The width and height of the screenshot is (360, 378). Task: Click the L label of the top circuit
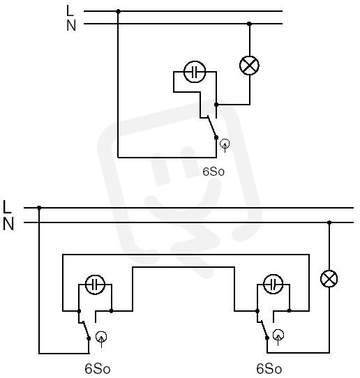coord(70,10)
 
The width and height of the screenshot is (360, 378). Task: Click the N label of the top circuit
coord(71,25)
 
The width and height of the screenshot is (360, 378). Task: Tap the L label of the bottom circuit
coord(7,207)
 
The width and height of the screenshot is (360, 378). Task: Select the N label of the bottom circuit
coord(8,224)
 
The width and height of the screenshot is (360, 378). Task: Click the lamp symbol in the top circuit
coord(249,66)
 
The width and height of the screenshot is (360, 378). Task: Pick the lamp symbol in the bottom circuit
coord(329,279)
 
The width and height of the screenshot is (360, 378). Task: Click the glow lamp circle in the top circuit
coord(195,72)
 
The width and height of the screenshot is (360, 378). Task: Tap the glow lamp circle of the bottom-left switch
coord(96,285)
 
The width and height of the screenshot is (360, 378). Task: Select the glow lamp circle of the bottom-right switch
coord(273,284)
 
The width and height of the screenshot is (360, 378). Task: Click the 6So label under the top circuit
coord(213,172)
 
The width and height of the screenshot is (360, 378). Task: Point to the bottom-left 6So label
coord(98,369)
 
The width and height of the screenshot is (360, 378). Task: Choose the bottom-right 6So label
coord(269,369)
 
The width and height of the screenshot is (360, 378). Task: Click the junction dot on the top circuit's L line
coord(118,11)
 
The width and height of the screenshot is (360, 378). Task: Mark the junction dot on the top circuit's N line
coord(249,24)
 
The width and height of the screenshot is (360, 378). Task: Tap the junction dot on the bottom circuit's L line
coord(39,208)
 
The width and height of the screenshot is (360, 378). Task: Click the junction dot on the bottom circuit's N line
coord(329,222)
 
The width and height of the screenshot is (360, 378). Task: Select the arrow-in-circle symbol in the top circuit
coord(225,145)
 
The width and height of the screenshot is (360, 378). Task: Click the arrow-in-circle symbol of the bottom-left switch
coord(101,338)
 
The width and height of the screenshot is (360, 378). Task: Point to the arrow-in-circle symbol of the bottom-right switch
coord(278,336)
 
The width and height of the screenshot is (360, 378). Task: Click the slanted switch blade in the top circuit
coord(211,126)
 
